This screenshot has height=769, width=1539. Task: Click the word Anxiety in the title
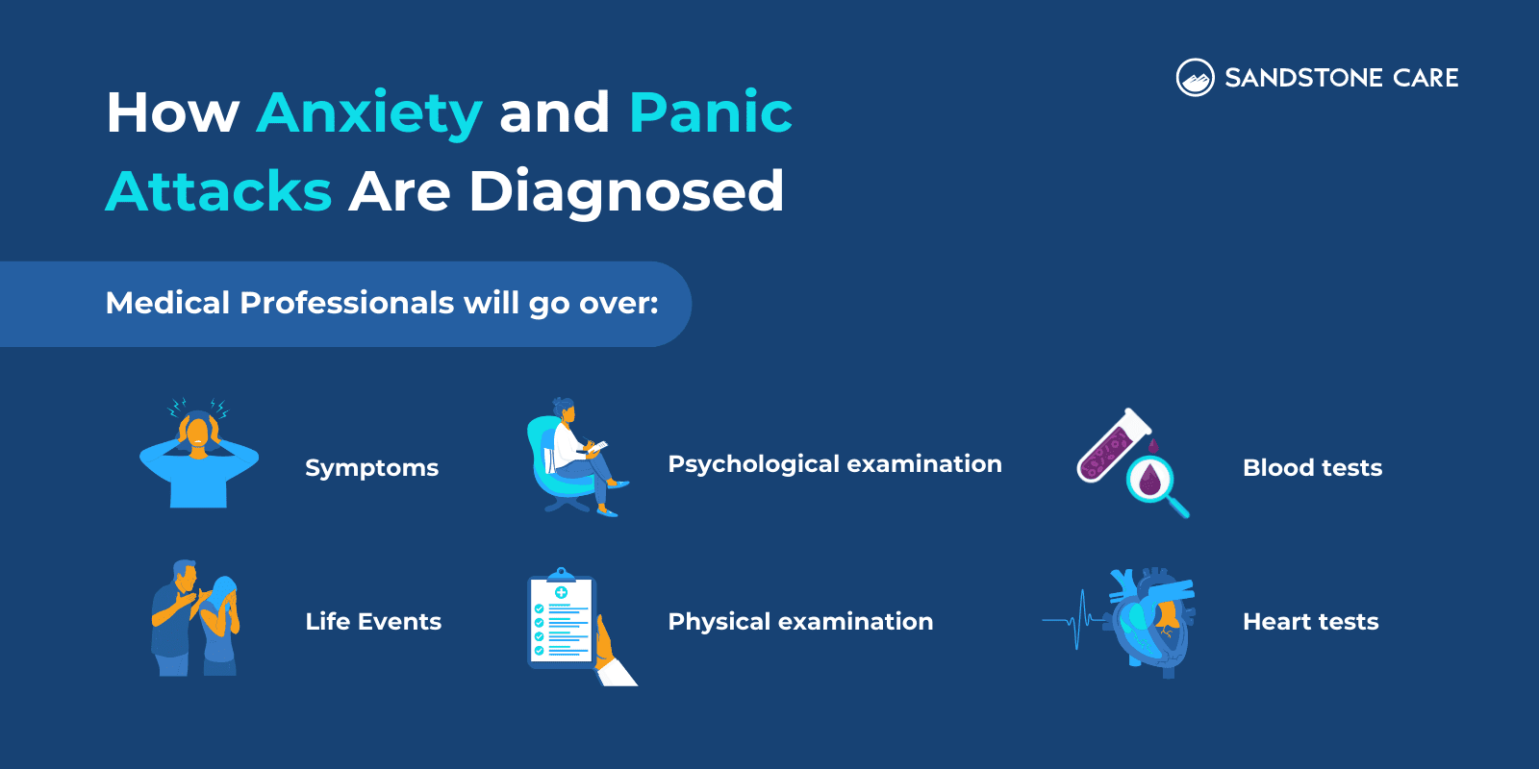[369, 113]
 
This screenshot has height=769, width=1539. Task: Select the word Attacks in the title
[218, 190]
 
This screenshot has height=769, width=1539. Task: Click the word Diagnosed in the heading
[626, 190]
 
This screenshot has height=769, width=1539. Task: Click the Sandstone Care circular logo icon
[1195, 78]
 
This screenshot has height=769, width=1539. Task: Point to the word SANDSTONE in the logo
[1303, 78]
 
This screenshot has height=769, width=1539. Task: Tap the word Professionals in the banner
[346, 303]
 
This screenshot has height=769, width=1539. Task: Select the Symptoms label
[371, 468]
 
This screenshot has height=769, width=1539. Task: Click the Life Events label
[373, 622]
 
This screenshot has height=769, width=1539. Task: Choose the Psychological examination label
[835, 464]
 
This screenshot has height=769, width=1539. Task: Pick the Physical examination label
[800, 622]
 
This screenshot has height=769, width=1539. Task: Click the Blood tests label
[1312, 468]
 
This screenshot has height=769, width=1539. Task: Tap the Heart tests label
[1310, 622]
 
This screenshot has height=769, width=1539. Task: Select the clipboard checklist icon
[563, 623]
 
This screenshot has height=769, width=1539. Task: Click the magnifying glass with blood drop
[1153, 480]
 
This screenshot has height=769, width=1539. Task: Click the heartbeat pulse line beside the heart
[1073, 620]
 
